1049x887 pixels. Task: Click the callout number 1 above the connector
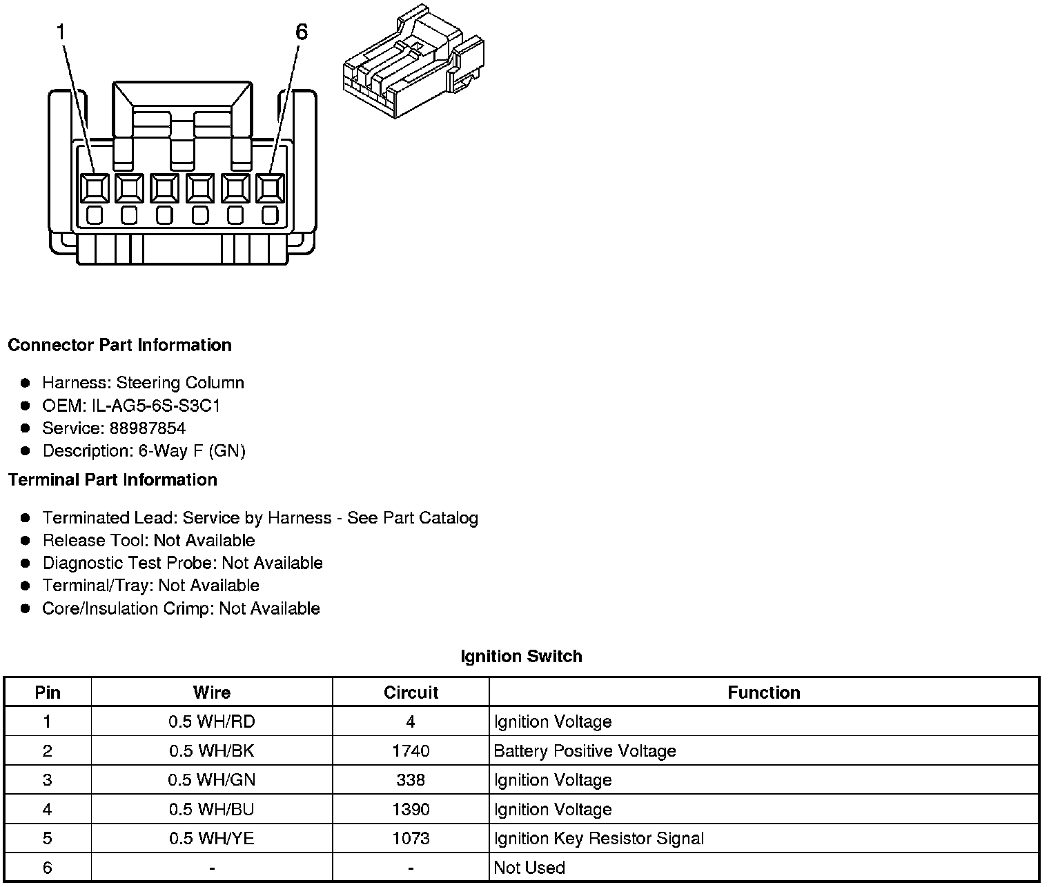click(x=62, y=32)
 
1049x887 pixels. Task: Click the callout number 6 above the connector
click(x=301, y=32)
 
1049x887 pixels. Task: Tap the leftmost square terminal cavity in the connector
click(x=95, y=188)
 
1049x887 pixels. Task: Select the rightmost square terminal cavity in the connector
click(x=270, y=188)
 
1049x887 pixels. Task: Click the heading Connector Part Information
click(x=119, y=345)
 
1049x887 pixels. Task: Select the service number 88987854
click(x=148, y=428)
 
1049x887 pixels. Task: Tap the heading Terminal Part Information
click(x=112, y=479)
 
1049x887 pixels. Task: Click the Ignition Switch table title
click(x=521, y=656)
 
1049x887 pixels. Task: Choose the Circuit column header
click(x=411, y=692)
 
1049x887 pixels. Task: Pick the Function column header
click(x=763, y=692)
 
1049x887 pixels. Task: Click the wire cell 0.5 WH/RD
click(x=212, y=722)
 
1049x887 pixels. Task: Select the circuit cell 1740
click(x=411, y=751)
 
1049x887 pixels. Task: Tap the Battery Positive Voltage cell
click(x=585, y=751)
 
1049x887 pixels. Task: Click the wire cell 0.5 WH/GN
click(x=212, y=780)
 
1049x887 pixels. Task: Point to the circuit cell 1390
click(x=411, y=809)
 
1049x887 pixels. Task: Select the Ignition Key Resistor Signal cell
click(x=599, y=839)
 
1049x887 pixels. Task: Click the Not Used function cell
click(x=529, y=868)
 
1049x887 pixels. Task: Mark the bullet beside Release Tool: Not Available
click(x=26, y=541)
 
